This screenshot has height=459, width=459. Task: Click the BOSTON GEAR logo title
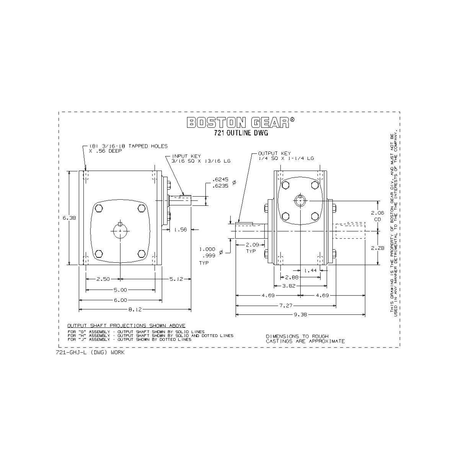point(241,122)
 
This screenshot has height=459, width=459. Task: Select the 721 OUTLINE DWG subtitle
point(241,133)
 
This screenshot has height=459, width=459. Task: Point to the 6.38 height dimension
point(69,218)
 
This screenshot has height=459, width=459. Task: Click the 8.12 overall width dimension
point(135,309)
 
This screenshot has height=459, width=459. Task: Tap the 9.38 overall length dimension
point(300,315)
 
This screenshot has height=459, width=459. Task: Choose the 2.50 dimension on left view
point(103,279)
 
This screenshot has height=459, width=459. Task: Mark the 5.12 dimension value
point(176,279)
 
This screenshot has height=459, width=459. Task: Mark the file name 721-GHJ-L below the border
point(90,352)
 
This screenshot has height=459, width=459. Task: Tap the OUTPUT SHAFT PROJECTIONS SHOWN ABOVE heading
point(126,325)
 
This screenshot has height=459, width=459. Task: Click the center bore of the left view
point(120,231)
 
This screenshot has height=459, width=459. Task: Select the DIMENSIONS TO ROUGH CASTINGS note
point(305,339)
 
